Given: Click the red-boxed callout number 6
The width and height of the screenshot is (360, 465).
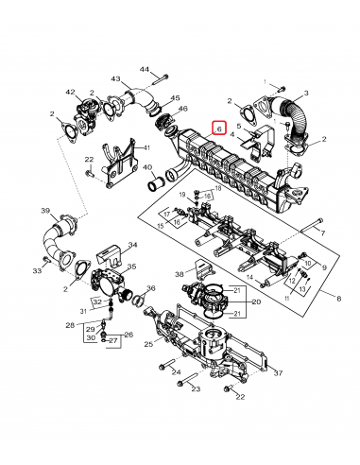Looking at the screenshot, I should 219,128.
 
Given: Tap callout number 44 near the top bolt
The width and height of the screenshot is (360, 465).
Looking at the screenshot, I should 145,70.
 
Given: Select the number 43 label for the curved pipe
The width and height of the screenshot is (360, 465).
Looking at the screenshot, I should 116,79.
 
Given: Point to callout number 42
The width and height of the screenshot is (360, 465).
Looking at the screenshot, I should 70,92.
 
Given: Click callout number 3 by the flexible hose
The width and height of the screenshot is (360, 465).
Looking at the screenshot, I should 306,95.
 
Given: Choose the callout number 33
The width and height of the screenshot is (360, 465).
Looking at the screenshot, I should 37,271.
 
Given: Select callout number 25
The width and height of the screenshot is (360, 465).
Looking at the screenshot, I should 148,345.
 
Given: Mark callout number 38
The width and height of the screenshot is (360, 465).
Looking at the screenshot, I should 179,274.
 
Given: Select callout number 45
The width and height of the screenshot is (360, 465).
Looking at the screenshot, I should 176,98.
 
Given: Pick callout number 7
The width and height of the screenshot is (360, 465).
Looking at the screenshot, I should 321,232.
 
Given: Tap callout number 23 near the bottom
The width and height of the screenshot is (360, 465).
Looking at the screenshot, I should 196,388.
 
